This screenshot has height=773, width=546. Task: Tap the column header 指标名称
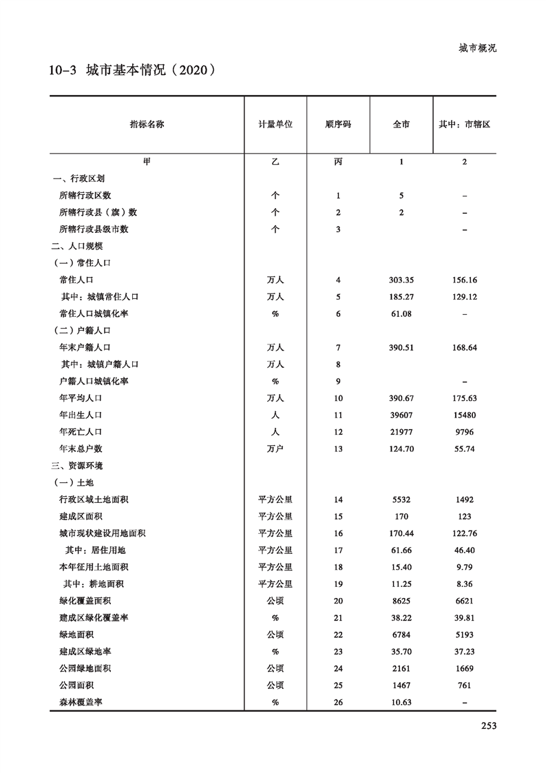(147, 125)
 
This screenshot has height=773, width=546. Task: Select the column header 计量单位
(275, 125)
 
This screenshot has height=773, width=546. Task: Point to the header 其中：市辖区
(464, 125)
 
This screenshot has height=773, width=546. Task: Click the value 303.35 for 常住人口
(401, 280)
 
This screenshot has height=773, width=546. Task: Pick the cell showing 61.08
(401, 314)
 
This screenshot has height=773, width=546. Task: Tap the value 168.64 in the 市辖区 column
(464, 348)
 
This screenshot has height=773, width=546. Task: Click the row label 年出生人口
(81, 415)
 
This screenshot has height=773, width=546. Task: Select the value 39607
(401, 415)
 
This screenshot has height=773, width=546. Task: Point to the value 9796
(464, 432)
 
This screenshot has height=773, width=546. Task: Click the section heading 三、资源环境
(76, 466)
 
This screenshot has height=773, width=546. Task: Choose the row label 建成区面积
(81, 516)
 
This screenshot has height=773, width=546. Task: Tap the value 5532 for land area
(401, 499)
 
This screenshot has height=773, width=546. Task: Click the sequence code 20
(338, 601)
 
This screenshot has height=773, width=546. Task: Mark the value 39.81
(464, 618)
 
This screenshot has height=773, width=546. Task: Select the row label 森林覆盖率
(81, 702)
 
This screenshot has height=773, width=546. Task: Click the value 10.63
(401, 702)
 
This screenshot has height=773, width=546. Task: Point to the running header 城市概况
(477, 48)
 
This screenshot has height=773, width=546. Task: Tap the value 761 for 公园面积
(464, 686)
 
